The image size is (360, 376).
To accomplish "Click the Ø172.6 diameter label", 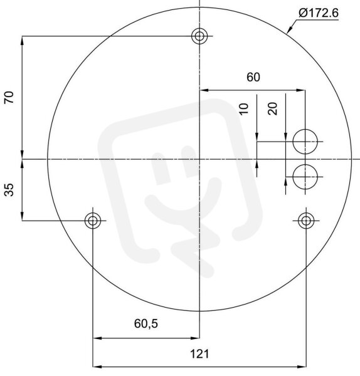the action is [319, 13].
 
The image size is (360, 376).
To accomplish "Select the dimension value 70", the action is [9, 97].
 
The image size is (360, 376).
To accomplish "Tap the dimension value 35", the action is [9, 190].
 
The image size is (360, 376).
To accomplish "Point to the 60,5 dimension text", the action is [146, 324].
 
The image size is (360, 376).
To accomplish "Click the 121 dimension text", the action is [199, 354].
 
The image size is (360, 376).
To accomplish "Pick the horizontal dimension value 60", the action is [253, 77].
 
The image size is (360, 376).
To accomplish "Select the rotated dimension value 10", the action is [243, 109].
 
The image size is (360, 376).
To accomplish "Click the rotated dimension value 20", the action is [272, 108].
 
